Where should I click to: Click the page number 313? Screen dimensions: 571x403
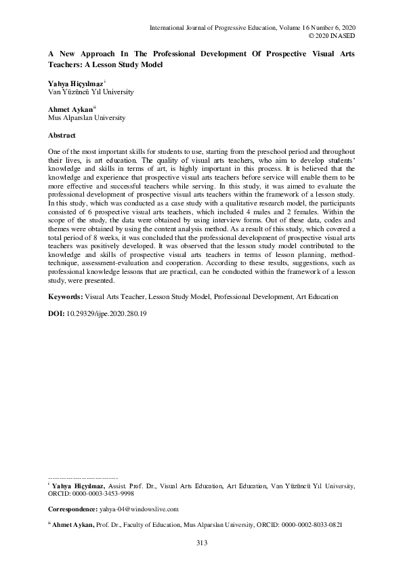201,543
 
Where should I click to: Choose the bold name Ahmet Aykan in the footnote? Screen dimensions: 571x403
78,524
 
